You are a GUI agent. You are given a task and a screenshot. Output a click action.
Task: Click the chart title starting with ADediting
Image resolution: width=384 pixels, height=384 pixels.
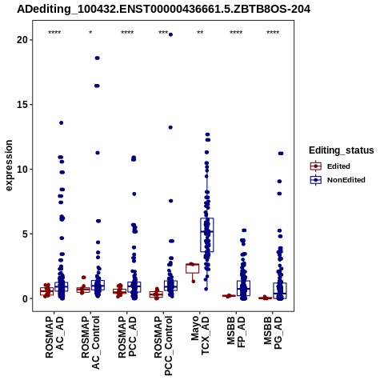(x=163, y=9)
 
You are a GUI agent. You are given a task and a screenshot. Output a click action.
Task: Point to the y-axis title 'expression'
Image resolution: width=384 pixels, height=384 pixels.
(x=9, y=166)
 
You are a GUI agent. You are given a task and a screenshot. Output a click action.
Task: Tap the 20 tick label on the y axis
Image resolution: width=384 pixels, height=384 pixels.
(x=22, y=40)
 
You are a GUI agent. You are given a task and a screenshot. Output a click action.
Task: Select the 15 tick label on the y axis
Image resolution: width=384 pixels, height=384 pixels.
(x=22, y=105)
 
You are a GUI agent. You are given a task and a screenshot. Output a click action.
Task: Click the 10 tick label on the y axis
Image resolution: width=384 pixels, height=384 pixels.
(x=22, y=169)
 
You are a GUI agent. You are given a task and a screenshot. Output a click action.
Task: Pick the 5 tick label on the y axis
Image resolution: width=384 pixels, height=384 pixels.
(x=25, y=234)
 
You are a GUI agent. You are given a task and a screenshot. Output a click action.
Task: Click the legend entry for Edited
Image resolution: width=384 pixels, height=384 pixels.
(x=330, y=166)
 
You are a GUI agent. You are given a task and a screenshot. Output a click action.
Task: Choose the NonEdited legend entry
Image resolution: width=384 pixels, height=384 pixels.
(x=338, y=180)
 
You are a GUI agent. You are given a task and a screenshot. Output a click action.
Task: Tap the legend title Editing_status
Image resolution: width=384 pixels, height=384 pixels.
(x=342, y=150)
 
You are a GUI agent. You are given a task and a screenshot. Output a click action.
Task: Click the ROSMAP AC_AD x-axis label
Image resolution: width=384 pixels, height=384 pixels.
(x=54, y=337)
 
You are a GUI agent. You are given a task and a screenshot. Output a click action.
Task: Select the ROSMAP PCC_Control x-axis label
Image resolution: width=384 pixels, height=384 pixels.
(x=163, y=346)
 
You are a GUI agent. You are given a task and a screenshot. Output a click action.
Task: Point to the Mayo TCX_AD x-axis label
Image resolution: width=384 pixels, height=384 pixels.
(x=200, y=335)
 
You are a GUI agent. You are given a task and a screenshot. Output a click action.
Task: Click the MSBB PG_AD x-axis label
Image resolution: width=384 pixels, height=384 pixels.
(x=273, y=333)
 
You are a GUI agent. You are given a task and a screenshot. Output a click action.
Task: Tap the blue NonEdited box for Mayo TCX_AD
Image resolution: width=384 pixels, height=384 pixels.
(x=207, y=234)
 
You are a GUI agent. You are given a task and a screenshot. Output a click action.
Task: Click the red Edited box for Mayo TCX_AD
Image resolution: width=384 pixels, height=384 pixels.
(x=193, y=268)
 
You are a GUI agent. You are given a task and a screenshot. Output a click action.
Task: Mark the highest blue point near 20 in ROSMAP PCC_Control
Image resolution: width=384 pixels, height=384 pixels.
(x=170, y=34)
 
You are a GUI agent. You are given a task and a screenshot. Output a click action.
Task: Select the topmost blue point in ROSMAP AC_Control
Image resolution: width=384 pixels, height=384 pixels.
(x=97, y=58)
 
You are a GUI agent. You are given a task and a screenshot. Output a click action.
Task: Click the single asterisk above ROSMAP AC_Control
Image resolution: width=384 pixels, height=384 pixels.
(x=90, y=33)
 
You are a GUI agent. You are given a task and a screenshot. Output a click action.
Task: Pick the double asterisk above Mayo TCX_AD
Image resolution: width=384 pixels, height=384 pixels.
(x=200, y=33)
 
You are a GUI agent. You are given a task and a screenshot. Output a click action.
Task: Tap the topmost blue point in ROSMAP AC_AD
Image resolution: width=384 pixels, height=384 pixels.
(x=61, y=122)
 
